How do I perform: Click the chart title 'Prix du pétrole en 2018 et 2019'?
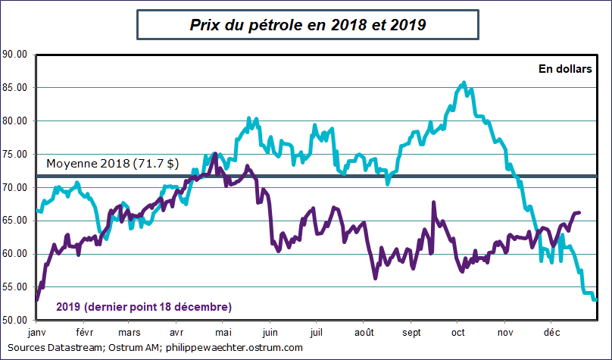(307, 25)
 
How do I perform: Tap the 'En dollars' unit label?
(564, 69)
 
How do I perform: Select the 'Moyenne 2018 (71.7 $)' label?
(113, 164)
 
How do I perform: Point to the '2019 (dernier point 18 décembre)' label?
(144, 306)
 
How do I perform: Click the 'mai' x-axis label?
(223, 333)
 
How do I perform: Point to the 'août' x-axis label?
(364, 333)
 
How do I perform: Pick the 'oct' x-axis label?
(457, 333)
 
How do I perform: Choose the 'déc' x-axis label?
(551, 333)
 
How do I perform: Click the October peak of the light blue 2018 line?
(464, 83)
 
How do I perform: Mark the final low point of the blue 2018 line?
(595, 300)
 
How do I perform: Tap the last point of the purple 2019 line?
(579, 213)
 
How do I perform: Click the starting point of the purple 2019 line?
(37, 300)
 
